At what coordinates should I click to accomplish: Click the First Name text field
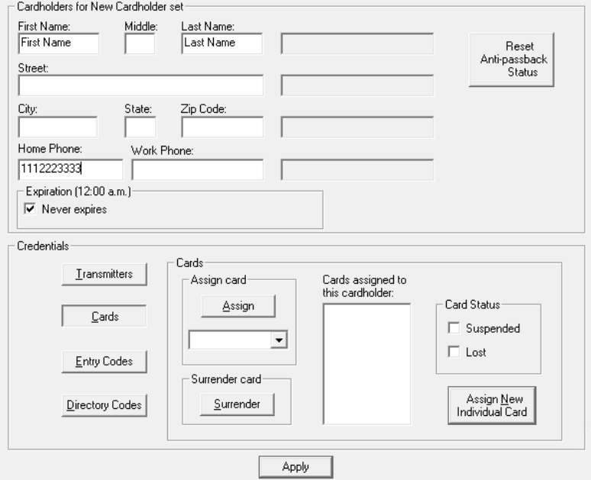tap(59, 43)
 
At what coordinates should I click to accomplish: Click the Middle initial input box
tap(140, 43)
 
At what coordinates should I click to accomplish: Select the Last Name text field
tap(222, 43)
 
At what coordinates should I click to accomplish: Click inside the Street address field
tap(140, 85)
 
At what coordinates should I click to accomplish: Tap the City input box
tap(58, 127)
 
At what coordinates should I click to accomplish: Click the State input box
tap(140, 127)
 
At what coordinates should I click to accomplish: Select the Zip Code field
tap(222, 127)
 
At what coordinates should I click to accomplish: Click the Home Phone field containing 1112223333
tap(70, 169)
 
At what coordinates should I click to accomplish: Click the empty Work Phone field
tap(198, 169)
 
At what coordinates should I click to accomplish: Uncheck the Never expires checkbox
tap(30, 209)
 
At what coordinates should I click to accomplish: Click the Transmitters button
tap(105, 274)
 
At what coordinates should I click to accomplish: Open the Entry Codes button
tap(105, 362)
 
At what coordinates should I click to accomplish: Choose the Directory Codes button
tap(105, 405)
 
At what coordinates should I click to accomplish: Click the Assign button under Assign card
tap(238, 306)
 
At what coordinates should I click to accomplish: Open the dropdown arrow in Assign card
tap(279, 340)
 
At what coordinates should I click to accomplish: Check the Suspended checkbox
tap(454, 328)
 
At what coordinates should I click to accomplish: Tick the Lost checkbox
tap(454, 352)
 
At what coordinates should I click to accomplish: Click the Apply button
tap(295, 467)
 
